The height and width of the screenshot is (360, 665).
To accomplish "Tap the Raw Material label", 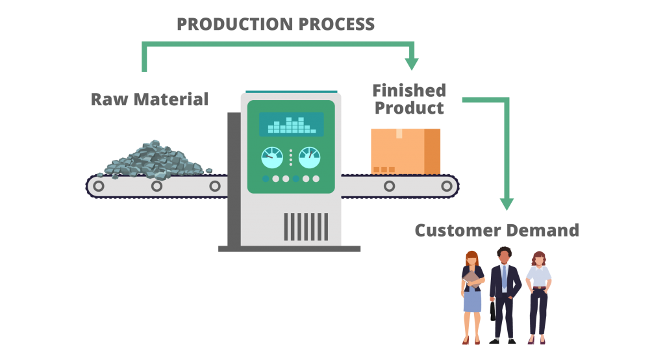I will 149,99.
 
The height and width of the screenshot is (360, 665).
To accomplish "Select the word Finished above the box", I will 409,90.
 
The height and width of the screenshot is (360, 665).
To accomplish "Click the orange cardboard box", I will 405,151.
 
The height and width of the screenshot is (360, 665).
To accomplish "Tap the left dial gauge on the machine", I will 272,158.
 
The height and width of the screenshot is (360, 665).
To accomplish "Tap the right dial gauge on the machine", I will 309,158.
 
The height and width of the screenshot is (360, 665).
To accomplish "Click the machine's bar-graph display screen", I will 291,124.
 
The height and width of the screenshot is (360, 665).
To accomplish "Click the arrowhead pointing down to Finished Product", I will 412,64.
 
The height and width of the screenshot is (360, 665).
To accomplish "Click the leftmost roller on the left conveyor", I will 99,186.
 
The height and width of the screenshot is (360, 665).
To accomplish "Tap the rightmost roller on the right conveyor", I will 447,186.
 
